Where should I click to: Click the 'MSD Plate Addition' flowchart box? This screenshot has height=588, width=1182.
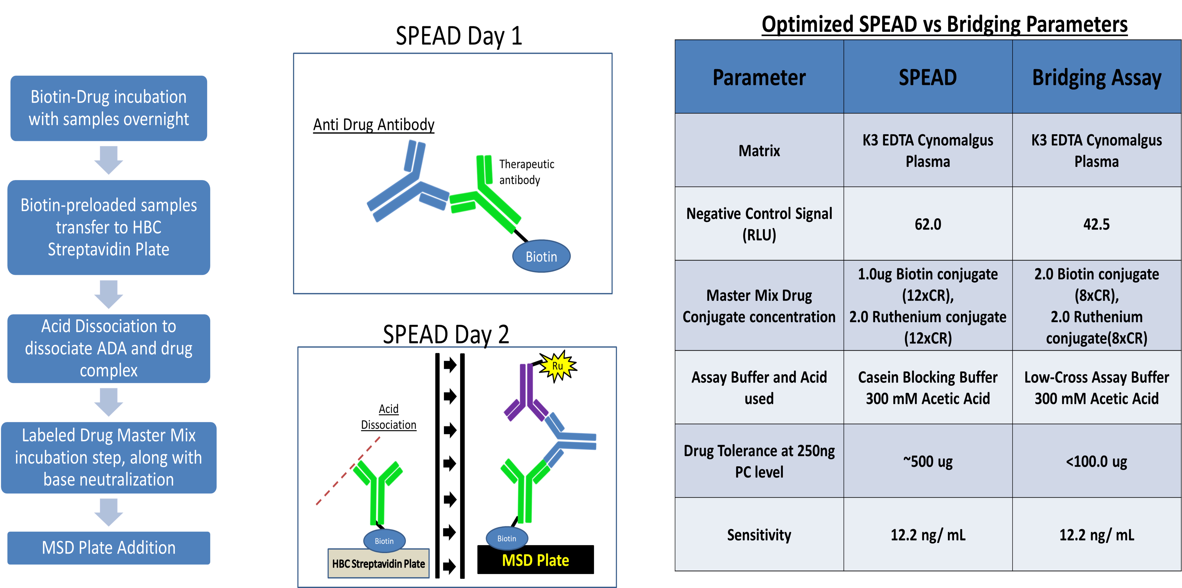point(109,548)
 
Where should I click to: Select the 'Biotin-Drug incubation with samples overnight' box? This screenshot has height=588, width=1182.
point(109,108)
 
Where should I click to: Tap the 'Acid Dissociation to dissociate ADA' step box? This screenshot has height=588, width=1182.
point(109,348)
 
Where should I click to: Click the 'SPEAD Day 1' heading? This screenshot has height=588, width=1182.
point(459,36)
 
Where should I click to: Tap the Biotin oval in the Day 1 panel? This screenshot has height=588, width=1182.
point(542,256)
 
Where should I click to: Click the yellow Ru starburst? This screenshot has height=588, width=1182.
point(558,366)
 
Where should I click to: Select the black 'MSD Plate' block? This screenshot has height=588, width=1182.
point(535,560)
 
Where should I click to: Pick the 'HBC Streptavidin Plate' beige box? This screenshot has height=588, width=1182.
point(379,563)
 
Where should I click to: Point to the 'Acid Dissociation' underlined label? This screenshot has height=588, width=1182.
point(389,417)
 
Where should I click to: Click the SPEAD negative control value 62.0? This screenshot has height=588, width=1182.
point(928,224)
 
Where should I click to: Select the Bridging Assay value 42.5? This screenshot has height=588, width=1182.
point(1097,224)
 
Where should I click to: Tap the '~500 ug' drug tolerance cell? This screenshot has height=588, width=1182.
point(928,461)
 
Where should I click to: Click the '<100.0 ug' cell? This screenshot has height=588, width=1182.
point(1097,461)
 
